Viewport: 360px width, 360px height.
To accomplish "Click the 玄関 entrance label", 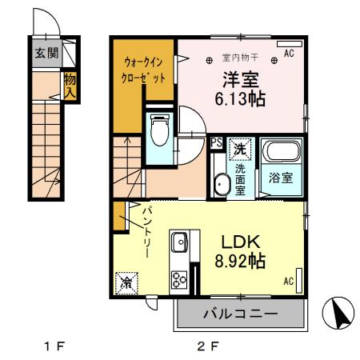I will pos(47,54).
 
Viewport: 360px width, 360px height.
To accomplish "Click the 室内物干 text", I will pos(238,57).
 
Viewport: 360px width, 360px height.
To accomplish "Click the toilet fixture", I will pos(158,130).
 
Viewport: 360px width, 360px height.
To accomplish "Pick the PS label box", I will pos(216,142).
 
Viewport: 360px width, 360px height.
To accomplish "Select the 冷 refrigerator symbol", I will pos(126,281).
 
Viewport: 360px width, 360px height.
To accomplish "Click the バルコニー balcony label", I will pos(239,313).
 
